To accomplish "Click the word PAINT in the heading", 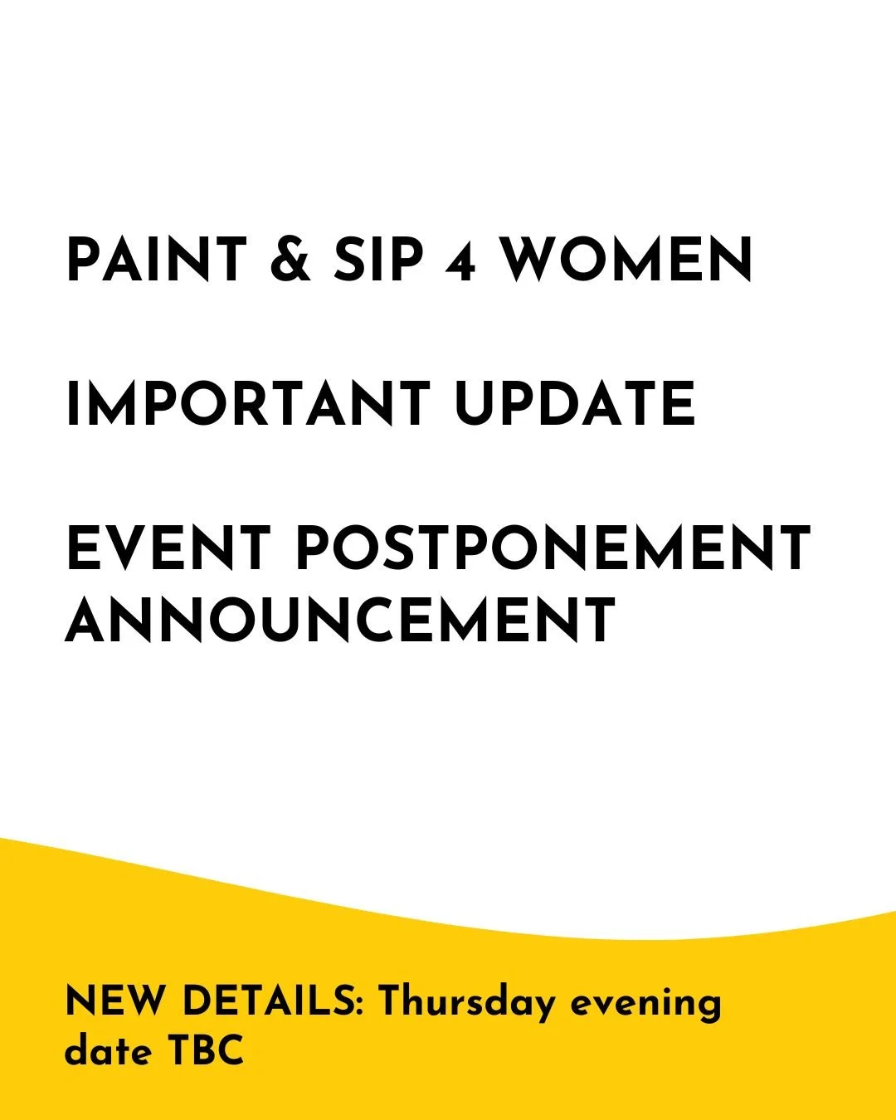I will click(x=157, y=261).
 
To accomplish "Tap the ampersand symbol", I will click(x=290, y=261).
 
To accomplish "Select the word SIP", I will click(x=378, y=261).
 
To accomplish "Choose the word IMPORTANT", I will click(x=247, y=404).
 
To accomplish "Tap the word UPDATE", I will click(x=575, y=404).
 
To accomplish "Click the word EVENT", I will click(x=169, y=548).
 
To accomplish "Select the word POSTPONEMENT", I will click(x=553, y=548).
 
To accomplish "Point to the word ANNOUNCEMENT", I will click(x=340, y=620).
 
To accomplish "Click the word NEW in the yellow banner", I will click(x=115, y=1001).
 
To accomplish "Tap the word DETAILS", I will click(x=269, y=1001).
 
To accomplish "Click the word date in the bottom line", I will click(x=108, y=1051).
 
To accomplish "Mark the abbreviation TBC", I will click(x=207, y=1051).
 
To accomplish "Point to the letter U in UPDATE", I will click(x=475, y=404).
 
